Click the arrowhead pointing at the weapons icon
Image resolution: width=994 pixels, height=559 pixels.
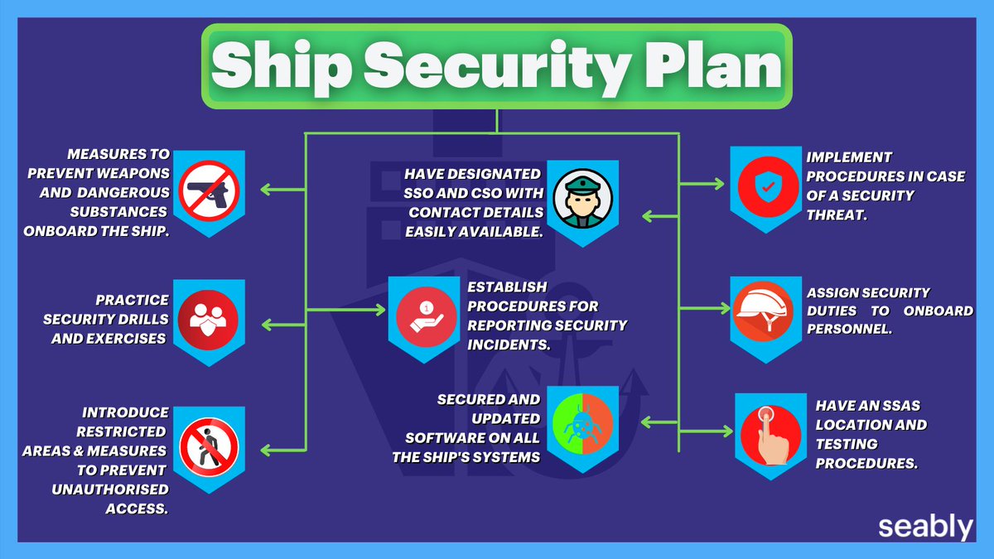point(266,189)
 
